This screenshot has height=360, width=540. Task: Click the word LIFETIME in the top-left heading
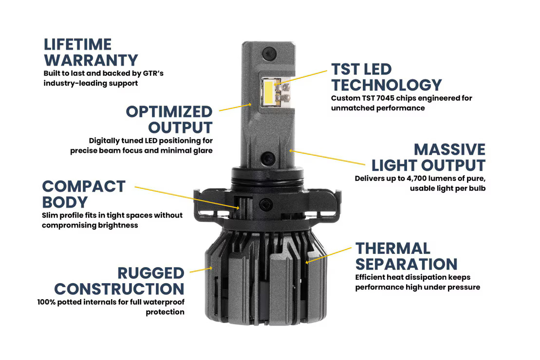pos(77,44)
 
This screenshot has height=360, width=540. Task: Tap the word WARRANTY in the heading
pos(91,60)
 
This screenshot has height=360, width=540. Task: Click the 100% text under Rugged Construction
pos(47,302)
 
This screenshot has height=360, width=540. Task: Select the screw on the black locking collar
pos(265,204)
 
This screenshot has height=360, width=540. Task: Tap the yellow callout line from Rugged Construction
pos(200,269)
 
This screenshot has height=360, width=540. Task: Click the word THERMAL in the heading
pos(392,248)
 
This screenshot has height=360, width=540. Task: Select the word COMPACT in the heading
pos(84,186)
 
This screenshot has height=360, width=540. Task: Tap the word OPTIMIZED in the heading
pos(169,111)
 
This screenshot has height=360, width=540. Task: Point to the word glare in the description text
pos(202,151)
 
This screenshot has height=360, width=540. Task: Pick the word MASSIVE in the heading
pos(449,149)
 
